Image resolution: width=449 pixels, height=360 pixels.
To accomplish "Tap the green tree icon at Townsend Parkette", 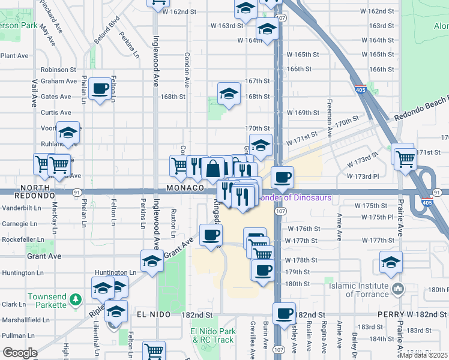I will pyautogui.click(x=75, y=298).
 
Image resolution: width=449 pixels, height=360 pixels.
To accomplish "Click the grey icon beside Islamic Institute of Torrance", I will pyautogui.click(x=397, y=290).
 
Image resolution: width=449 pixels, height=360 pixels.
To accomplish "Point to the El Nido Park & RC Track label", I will pyautogui.click(x=212, y=335).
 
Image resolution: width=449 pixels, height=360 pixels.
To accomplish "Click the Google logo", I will pyautogui.click(x=20, y=353).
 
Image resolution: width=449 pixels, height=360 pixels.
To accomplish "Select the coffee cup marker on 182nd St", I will pyautogui.click(x=284, y=313).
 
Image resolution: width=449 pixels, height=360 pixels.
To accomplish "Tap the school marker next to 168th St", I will pyautogui.click(x=229, y=94).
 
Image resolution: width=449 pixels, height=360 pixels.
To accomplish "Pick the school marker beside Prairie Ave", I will pyautogui.click(x=391, y=262).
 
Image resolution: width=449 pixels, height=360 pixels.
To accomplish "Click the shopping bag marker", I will pyautogui.click(x=213, y=169).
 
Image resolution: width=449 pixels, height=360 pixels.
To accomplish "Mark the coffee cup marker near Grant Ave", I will pyautogui.click(x=209, y=235).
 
